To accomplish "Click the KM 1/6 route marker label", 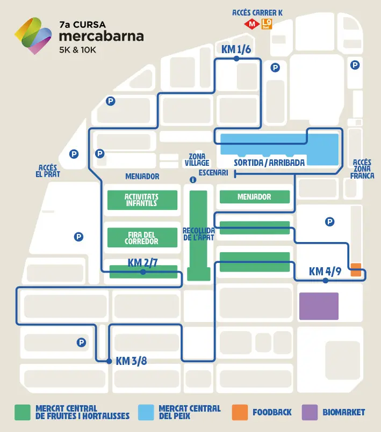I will click(x=236, y=49).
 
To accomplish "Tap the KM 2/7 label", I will click(x=142, y=262).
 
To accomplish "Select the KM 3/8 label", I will click(x=131, y=361).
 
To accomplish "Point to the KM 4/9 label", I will click(x=325, y=272).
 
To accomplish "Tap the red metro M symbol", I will click(x=251, y=24).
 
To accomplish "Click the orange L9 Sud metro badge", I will click(x=266, y=24).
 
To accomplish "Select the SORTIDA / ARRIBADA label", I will click(x=269, y=163).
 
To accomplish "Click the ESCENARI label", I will click(x=213, y=173).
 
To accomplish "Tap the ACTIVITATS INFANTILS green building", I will click(x=142, y=200).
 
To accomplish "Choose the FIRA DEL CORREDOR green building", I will click(x=142, y=238).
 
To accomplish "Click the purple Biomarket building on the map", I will click(x=319, y=306).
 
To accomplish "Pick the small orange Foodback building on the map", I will click(x=355, y=269).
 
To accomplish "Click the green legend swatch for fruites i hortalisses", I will click(x=22, y=412).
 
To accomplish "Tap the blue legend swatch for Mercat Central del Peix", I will click(x=146, y=412).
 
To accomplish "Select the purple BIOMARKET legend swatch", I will click(x=310, y=412).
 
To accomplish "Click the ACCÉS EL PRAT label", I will click(x=48, y=171).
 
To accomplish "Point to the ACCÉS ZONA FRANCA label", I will click(x=362, y=169).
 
